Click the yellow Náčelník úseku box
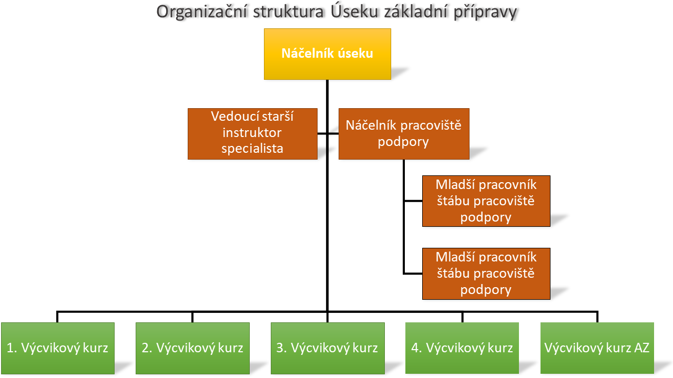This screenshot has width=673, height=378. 327,54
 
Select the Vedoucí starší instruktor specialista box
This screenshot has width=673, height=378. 252,133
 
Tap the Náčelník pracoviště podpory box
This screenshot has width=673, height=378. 403,133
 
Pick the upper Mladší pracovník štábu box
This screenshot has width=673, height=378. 486,201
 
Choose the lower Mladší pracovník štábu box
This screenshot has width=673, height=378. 486,273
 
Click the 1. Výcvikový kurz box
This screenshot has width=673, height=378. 58,348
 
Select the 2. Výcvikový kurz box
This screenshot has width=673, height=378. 192,348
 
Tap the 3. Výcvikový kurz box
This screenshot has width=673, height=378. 327,348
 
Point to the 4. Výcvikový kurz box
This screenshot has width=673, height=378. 462,348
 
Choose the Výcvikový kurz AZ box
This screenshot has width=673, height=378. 597,348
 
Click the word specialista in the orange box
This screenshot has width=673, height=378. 252,149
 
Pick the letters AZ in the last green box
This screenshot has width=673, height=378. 642,348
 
